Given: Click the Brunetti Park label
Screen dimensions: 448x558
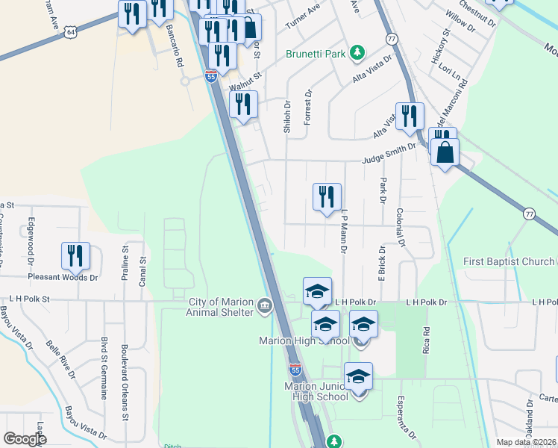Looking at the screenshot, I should tap(316, 55).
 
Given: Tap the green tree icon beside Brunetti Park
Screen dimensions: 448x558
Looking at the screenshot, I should tap(358, 52).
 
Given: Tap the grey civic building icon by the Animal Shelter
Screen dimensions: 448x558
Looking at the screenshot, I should tap(264, 306).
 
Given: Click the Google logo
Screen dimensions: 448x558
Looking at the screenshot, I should tap(25, 439).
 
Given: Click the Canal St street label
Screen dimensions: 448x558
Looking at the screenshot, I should tap(141, 270).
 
